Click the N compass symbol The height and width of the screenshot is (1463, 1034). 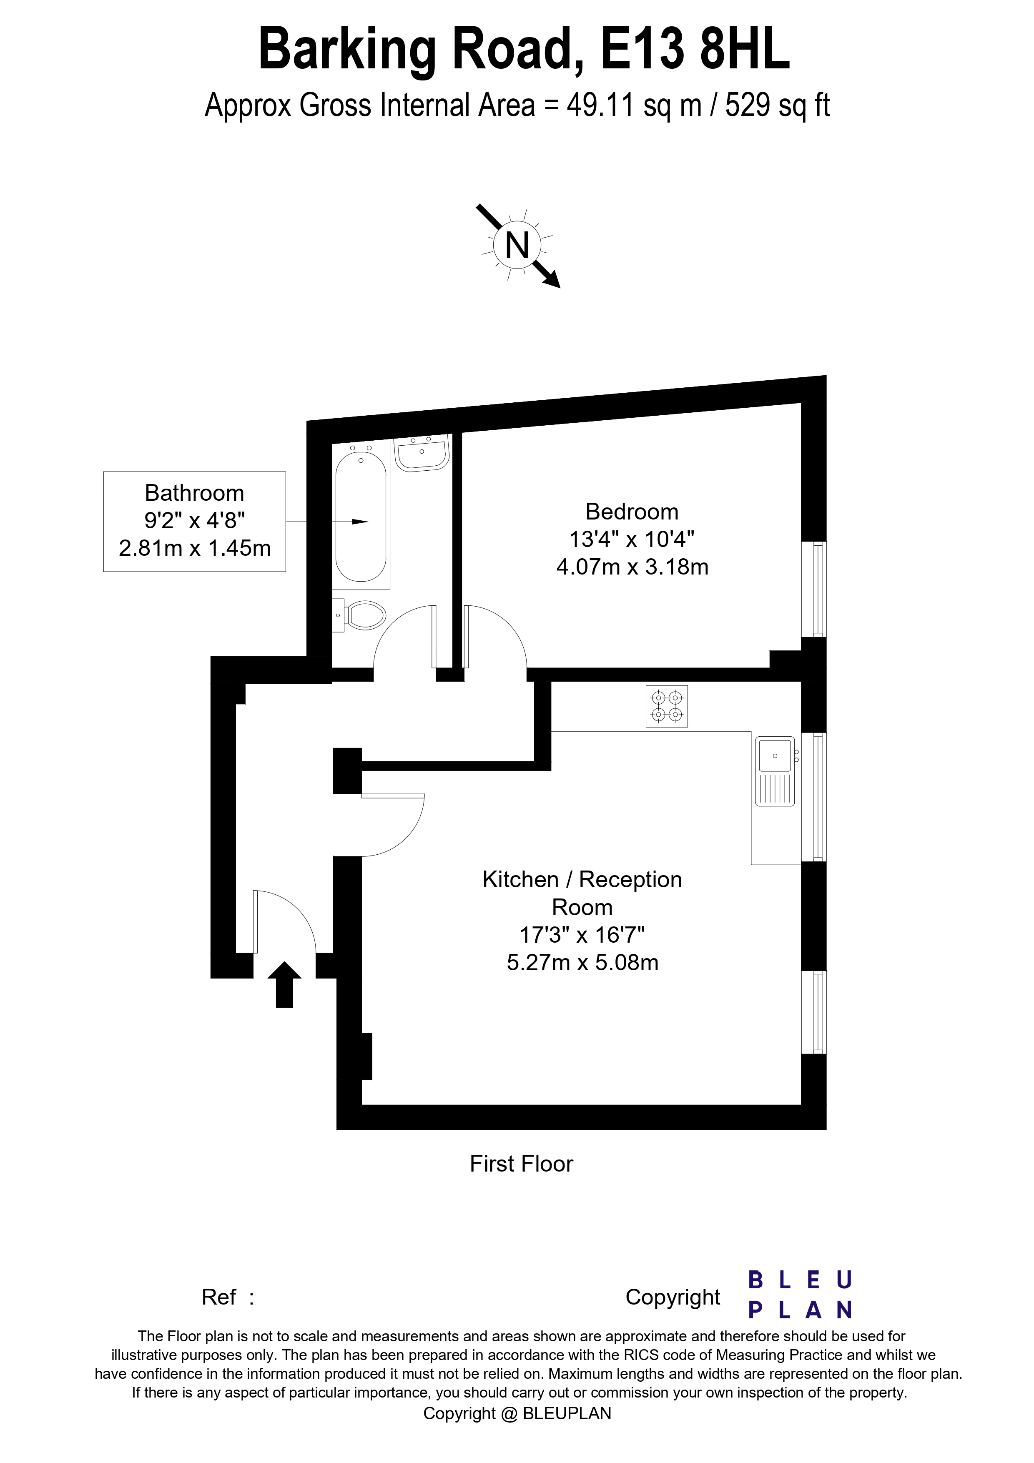pos(517,245)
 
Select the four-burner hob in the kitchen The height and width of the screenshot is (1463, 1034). pos(666,706)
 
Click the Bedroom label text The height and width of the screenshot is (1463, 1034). pos(631,512)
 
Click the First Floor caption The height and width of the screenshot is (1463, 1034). pos(521,1164)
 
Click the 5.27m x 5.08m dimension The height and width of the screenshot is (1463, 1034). pos(582,962)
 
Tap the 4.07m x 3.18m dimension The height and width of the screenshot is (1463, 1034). pos(632,567)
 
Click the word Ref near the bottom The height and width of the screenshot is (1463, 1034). pos(218,1297)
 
